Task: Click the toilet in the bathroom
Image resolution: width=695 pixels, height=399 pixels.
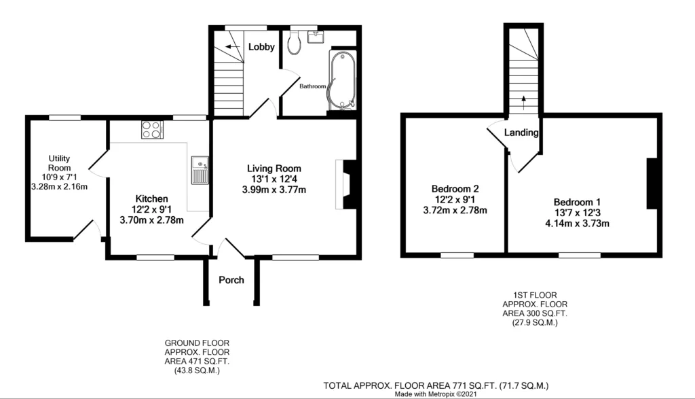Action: coord(295,42)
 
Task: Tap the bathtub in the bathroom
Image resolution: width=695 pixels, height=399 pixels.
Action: coord(342,80)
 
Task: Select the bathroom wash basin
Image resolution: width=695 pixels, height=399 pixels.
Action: coord(316,37)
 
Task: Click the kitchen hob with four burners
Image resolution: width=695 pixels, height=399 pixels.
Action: coord(152,130)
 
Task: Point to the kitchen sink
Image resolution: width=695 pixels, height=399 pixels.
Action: coord(200,170)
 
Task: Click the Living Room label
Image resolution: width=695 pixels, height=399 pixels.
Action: coord(274,168)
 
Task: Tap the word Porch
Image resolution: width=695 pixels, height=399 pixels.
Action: coord(231,280)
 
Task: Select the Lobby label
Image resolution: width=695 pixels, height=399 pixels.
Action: coord(261,47)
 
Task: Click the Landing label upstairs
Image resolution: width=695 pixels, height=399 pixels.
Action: coord(521,133)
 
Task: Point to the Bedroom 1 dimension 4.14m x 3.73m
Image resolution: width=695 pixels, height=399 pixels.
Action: coord(577,224)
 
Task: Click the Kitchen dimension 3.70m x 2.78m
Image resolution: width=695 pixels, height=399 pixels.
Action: coord(151,220)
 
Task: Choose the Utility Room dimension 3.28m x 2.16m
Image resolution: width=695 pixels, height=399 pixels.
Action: coord(60,187)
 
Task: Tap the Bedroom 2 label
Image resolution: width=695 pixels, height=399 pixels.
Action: coord(455,189)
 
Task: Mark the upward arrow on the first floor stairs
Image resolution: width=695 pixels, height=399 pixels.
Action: coord(523,103)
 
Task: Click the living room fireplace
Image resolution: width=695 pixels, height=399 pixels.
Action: coord(345,184)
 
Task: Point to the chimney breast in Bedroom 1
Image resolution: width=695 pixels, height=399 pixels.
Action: coord(652,184)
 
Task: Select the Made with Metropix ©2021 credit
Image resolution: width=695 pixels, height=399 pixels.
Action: coord(436,394)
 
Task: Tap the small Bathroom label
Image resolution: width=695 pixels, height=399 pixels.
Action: coord(312,86)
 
